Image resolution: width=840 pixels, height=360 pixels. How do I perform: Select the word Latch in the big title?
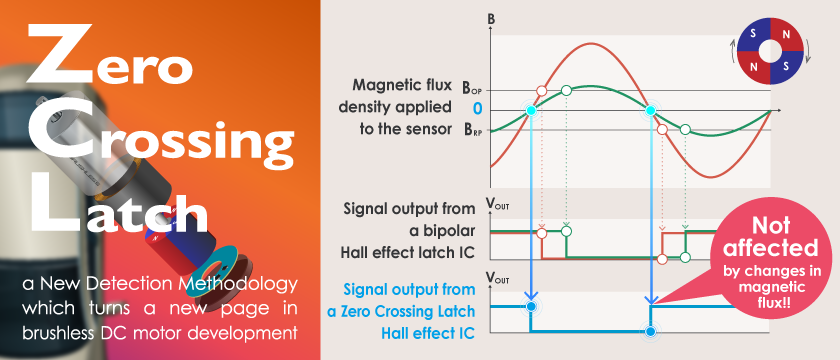pos(119,206)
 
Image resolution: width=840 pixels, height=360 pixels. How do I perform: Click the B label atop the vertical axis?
pos(492,20)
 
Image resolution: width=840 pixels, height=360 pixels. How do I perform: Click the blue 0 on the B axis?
pos(477,109)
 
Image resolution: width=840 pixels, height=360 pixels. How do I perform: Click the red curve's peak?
pos(590,43)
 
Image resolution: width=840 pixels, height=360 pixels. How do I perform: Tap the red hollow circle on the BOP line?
pos(542,90)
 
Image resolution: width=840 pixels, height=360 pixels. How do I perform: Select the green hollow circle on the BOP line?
pos(566,90)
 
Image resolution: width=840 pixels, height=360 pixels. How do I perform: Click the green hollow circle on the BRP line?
pos(685,129)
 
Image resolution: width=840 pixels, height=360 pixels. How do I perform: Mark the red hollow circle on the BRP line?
pos(662,129)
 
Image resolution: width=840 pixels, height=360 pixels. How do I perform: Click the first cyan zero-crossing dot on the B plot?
pos(531,110)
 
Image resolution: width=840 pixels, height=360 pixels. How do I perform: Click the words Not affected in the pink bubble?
pos(771,237)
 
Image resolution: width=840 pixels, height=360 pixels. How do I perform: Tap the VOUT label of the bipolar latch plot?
pos(498,204)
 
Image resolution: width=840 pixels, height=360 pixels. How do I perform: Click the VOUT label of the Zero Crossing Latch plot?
pos(498,279)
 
